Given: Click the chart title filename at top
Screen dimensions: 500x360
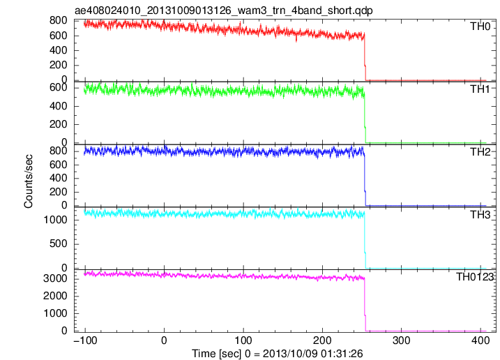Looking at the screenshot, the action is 224,10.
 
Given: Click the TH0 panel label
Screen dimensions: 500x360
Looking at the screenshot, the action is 480,27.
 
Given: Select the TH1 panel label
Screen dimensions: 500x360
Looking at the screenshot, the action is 480,89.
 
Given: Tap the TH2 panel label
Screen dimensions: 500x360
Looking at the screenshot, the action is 480,152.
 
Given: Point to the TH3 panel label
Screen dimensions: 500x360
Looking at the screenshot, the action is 480,215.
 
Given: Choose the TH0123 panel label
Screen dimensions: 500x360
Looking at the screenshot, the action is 475,277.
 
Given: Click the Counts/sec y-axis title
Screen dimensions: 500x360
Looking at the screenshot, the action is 29,181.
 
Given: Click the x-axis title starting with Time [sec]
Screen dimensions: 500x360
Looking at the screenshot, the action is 278,354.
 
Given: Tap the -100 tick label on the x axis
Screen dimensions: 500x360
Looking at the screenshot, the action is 85,340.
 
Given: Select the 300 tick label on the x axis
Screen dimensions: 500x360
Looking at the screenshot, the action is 402,340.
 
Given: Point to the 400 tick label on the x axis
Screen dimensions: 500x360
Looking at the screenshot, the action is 480,340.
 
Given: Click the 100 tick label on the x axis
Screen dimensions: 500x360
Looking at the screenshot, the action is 243,340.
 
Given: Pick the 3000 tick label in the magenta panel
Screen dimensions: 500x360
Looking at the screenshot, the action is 55,278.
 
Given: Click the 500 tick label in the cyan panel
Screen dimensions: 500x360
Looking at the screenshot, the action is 59,243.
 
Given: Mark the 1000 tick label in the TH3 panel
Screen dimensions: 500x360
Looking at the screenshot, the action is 55,220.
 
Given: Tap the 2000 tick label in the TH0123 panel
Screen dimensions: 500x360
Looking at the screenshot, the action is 55,296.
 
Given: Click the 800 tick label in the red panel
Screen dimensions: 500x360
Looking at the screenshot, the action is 59,21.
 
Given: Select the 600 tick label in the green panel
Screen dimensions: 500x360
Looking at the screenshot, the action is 59,88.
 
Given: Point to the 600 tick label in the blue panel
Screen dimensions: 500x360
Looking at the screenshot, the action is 59,165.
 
